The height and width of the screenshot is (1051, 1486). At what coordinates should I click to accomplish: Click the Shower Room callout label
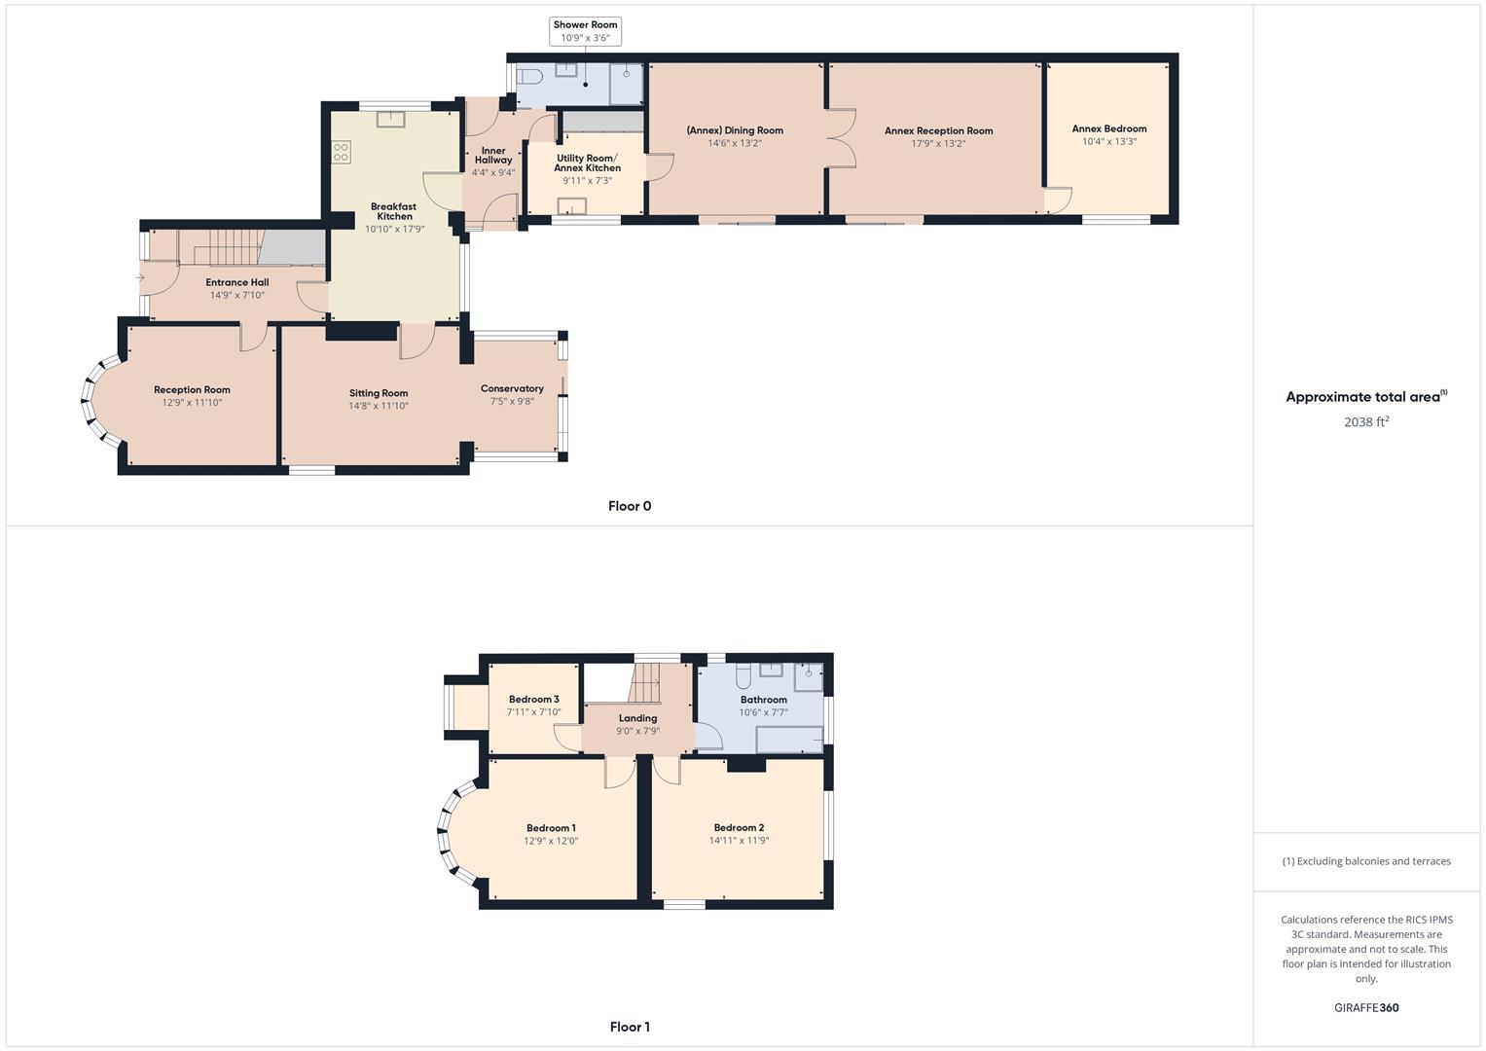tap(585, 31)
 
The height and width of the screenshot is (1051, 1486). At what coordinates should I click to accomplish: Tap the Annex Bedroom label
tap(1108, 128)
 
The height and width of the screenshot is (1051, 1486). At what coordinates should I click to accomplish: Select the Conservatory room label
tap(512, 388)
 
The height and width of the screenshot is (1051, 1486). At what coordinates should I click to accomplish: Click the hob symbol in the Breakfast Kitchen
tap(341, 153)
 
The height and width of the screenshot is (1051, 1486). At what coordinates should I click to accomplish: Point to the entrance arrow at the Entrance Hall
tap(140, 278)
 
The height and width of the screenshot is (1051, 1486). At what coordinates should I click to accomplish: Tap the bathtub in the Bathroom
tap(789, 741)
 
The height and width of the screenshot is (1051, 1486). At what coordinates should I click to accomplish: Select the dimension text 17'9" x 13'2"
tap(938, 143)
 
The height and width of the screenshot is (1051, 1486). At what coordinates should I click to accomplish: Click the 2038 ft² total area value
tap(1365, 421)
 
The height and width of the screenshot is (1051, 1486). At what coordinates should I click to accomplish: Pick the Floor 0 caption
tap(630, 506)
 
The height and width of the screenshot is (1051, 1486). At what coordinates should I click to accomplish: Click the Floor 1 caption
tap(630, 1027)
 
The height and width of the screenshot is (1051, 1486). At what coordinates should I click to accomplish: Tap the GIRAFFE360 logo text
tap(1365, 1007)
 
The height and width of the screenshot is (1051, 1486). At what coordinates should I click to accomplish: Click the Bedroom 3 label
tap(533, 699)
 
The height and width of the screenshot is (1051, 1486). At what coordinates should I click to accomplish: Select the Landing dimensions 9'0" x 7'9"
tap(637, 731)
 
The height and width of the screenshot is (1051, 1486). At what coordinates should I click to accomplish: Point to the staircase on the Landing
tap(644, 682)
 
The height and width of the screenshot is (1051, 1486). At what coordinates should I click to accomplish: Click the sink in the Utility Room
tap(572, 205)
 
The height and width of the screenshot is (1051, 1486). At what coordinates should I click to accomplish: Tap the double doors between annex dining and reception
tap(841, 137)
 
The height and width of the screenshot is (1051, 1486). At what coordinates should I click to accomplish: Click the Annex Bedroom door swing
tap(1058, 200)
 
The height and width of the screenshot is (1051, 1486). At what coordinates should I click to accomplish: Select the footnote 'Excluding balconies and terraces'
tap(1365, 861)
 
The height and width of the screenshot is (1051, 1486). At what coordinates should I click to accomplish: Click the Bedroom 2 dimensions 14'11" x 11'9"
tap(739, 840)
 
